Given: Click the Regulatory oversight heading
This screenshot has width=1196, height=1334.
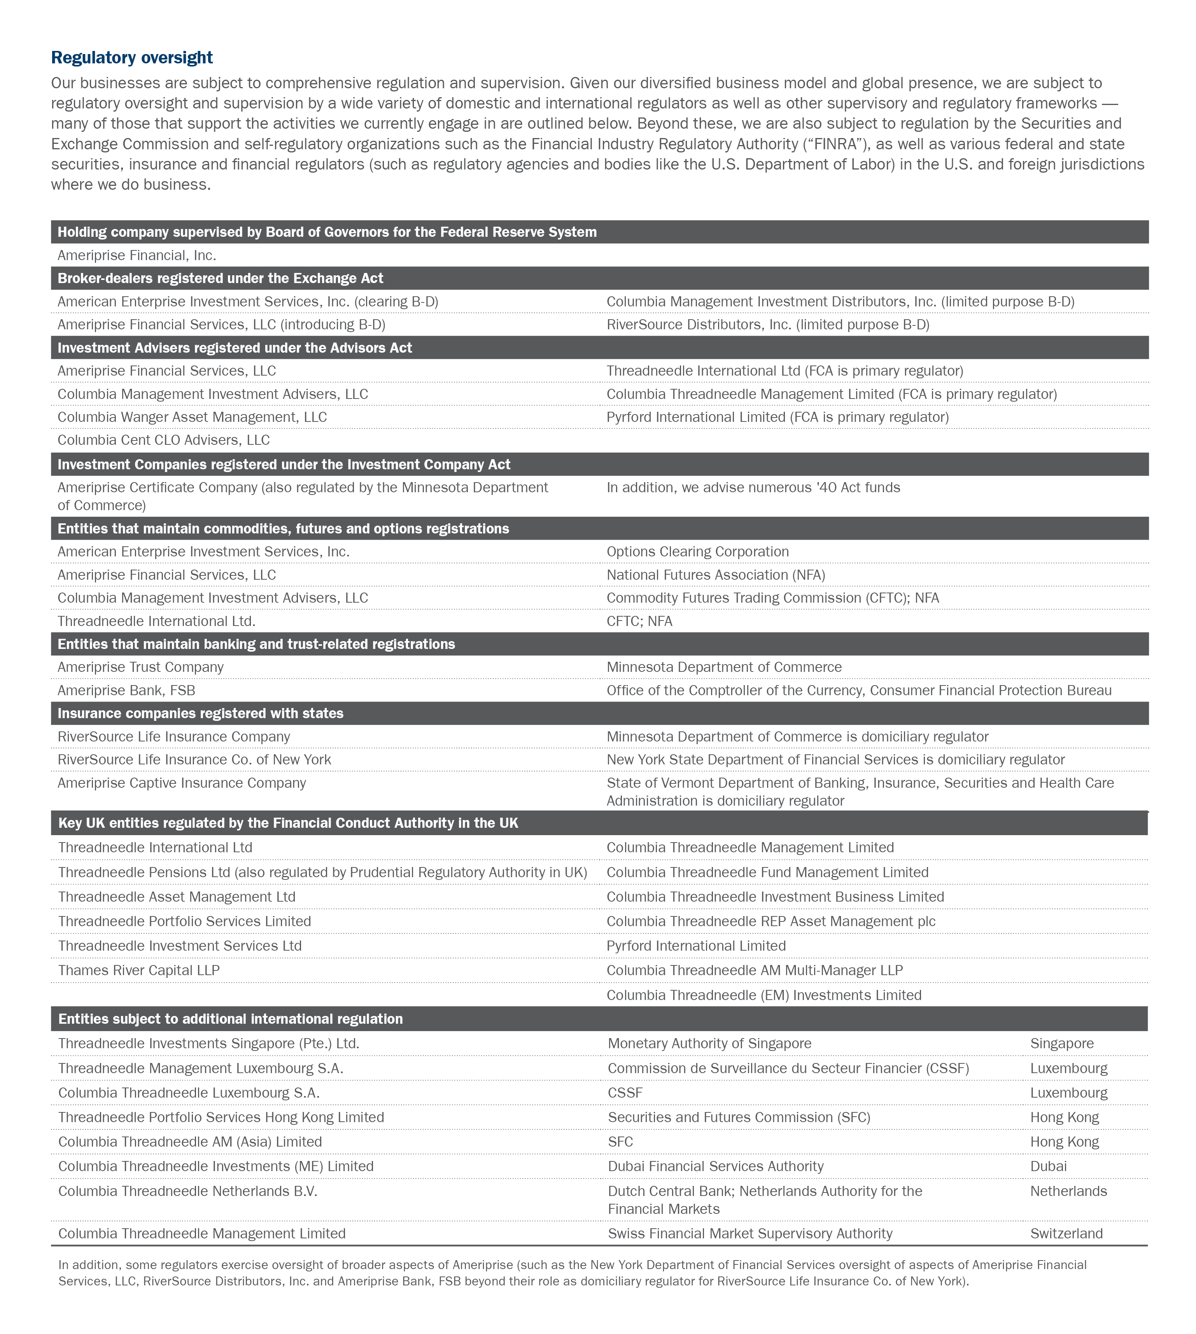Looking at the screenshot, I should [132, 58].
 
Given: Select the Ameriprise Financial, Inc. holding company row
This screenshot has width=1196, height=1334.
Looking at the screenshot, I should [137, 255].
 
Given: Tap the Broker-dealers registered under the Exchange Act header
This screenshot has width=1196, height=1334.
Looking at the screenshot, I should [220, 278].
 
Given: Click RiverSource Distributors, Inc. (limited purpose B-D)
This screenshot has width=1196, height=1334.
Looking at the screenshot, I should [767, 325].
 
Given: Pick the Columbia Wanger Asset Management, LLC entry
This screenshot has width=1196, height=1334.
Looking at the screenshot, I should [192, 418].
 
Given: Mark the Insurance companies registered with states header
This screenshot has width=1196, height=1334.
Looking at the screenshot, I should [200, 714].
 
